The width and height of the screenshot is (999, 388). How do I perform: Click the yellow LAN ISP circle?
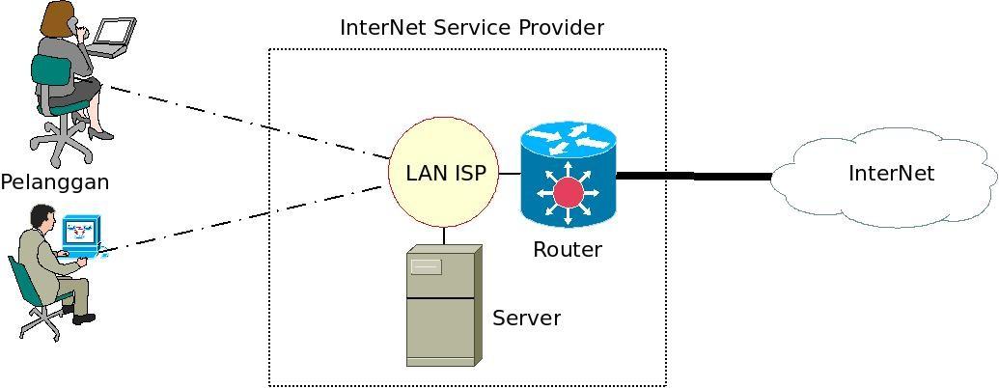pos(444,173)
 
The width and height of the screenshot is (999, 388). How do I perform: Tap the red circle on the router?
pos(569,191)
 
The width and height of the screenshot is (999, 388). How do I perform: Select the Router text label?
pos(568,250)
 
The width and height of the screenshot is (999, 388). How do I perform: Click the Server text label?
pos(526,319)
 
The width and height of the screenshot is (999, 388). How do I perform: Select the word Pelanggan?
pos(55,182)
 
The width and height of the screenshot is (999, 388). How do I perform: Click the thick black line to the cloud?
pos(693,176)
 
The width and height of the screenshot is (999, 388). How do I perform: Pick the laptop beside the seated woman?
pos(113,36)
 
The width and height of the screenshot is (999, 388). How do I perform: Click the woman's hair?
pos(59,17)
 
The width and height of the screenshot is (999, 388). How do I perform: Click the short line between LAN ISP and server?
pos(444,236)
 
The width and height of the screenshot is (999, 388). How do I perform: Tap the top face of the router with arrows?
pos(568,140)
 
